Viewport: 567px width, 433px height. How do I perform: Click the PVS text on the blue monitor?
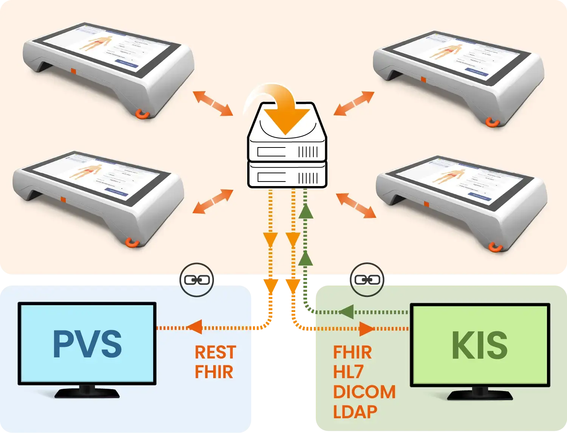87,344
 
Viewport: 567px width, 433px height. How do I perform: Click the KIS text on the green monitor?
480,345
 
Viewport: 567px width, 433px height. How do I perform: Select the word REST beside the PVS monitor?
215,352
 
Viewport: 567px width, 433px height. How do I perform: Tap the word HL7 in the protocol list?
348,372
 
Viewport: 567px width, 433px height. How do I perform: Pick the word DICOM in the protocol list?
364,392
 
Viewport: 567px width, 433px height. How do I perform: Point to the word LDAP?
355,412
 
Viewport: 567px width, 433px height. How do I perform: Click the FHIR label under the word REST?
214,372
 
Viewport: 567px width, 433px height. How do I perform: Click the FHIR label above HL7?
352,352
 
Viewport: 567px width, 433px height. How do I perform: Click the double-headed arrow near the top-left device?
213,103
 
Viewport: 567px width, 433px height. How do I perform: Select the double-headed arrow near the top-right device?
354,103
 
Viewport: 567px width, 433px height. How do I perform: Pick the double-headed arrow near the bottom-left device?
213,202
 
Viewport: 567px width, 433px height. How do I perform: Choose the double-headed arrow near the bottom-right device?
356,205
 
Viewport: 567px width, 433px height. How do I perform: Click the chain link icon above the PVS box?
196,280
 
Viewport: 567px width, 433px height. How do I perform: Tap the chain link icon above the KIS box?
367,280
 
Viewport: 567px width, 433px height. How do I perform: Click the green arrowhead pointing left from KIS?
346,312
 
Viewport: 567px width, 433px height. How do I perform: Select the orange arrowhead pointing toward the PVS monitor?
195,327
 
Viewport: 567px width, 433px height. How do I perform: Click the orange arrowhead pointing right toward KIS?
366,329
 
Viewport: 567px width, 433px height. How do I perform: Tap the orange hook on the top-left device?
143,113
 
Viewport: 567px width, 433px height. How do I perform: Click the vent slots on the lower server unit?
308,178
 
